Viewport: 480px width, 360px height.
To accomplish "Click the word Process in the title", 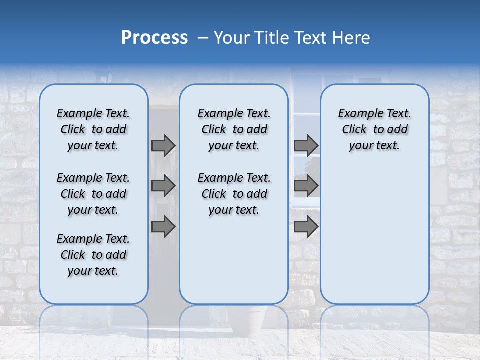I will [154, 38].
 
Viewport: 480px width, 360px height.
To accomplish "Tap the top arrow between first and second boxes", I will [163, 145].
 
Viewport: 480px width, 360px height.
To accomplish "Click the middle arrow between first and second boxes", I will [163, 186].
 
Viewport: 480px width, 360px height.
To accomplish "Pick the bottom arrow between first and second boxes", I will [163, 226].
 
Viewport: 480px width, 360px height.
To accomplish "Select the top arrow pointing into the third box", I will [306, 145].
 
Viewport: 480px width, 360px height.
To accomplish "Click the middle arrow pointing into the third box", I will [306, 186].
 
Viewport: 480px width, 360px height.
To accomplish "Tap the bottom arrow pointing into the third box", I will [306, 226].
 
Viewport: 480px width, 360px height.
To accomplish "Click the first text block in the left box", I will [93, 129].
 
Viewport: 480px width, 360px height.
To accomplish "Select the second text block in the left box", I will [93, 194].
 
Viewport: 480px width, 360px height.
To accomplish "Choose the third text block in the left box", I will [93, 255].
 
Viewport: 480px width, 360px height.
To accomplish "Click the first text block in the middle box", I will [234, 129].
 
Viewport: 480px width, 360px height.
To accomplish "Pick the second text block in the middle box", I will [234, 194].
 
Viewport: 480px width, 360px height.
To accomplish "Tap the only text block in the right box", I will [374, 129].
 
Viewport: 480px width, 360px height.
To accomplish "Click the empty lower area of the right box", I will [374, 240].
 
